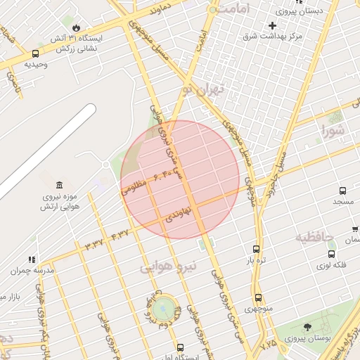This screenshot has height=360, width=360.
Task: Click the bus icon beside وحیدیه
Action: pos(36,53)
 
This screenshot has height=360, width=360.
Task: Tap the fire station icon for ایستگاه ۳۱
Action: pos(76,28)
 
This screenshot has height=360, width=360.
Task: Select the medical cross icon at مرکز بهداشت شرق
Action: pos(272,25)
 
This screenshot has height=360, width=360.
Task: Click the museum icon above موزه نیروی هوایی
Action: pos(58,185)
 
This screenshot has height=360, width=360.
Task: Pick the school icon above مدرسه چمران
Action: pos(32,259)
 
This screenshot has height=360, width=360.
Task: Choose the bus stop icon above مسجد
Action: pos(342,191)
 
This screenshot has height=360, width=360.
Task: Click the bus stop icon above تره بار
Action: pos(256,249)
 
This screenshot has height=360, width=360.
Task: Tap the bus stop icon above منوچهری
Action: pos(258,298)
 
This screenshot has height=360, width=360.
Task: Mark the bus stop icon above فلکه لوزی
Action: pos(331,254)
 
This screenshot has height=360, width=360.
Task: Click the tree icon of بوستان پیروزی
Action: pos(307,328)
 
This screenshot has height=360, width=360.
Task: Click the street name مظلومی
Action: pos(134,187)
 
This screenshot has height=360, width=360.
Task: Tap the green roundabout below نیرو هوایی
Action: pos(164,307)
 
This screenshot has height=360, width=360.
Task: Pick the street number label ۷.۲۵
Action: pos(268,345)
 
